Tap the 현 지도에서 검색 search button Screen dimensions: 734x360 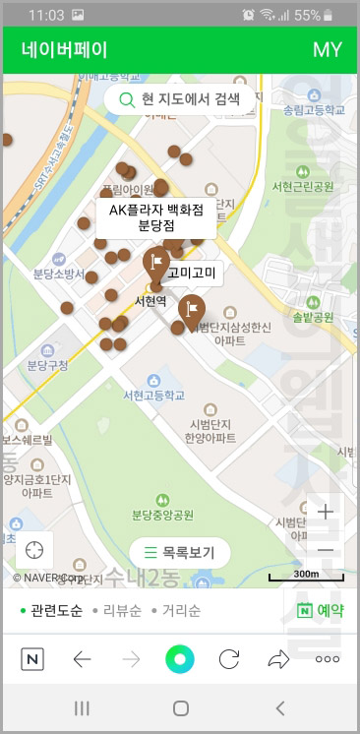point(179,99)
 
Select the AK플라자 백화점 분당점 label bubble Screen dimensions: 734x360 point(155,217)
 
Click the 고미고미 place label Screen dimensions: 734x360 point(195,273)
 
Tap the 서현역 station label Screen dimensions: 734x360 point(150,300)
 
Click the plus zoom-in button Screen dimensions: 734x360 point(326,512)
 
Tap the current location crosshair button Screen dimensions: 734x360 point(34,549)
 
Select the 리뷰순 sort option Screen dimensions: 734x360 point(122,611)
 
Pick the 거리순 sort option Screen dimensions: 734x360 point(180,611)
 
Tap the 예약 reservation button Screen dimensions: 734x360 point(321,611)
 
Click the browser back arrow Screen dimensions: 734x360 point(83,659)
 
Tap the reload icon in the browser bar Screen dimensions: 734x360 point(229,659)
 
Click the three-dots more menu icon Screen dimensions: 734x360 point(327,659)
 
